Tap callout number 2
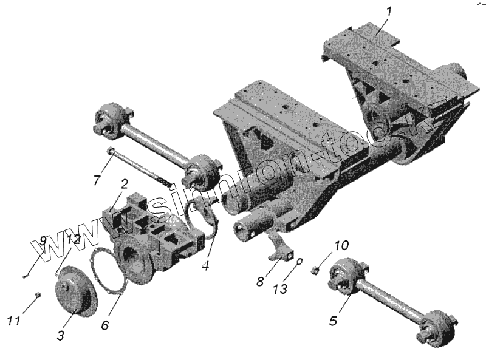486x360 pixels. point(123,184)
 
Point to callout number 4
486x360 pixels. point(207,265)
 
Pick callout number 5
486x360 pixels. point(333,319)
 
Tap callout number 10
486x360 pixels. point(341,246)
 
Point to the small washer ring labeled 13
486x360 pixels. point(299,262)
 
